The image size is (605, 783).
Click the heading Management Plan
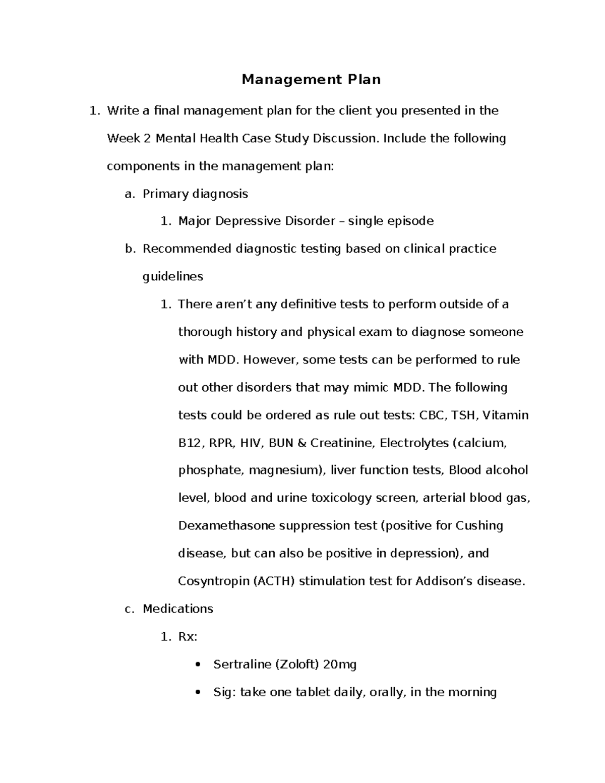pyautogui.click(x=311, y=80)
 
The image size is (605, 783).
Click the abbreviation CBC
pyautogui.click(x=432, y=415)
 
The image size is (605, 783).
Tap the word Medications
pyautogui.click(x=178, y=609)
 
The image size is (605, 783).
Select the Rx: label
pyautogui.click(x=188, y=637)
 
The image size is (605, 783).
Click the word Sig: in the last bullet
pyautogui.click(x=224, y=692)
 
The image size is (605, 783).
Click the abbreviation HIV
pyautogui.click(x=251, y=443)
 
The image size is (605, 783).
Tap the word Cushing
pyautogui.click(x=479, y=526)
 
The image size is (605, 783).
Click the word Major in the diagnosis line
pyautogui.click(x=195, y=221)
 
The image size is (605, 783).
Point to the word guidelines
pyautogui.click(x=173, y=277)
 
